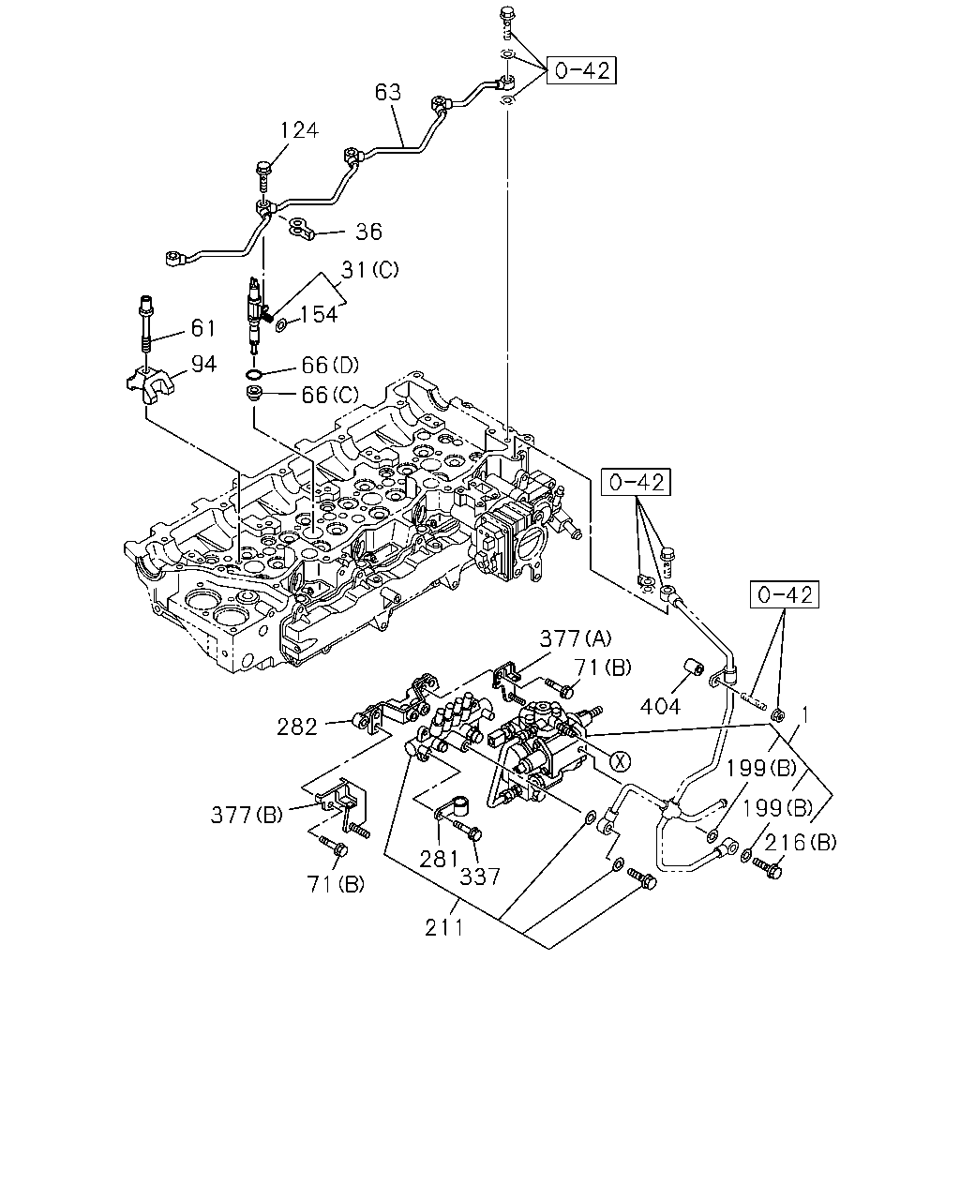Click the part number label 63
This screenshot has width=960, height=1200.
click(388, 92)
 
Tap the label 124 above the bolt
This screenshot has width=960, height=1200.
click(299, 130)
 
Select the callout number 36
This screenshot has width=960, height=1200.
click(368, 232)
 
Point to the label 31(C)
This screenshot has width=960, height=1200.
click(369, 270)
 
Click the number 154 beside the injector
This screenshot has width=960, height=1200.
click(319, 314)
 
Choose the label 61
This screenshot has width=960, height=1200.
click(203, 328)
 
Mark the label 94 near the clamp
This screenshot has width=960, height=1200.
click(203, 364)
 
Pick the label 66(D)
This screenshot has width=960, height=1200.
click(330, 366)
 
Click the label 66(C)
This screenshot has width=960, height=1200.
click(330, 395)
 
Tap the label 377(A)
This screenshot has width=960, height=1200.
click(575, 638)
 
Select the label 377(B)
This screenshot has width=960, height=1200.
click(247, 815)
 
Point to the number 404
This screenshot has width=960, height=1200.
click(660, 707)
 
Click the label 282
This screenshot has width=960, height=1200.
click(297, 727)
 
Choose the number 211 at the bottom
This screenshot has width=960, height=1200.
click(444, 927)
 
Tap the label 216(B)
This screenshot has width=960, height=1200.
click(801, 842)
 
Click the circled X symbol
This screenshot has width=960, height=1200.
click(620, 761)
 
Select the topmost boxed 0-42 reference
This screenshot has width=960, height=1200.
click(581, 70)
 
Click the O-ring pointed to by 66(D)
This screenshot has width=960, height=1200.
click(254, 374)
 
